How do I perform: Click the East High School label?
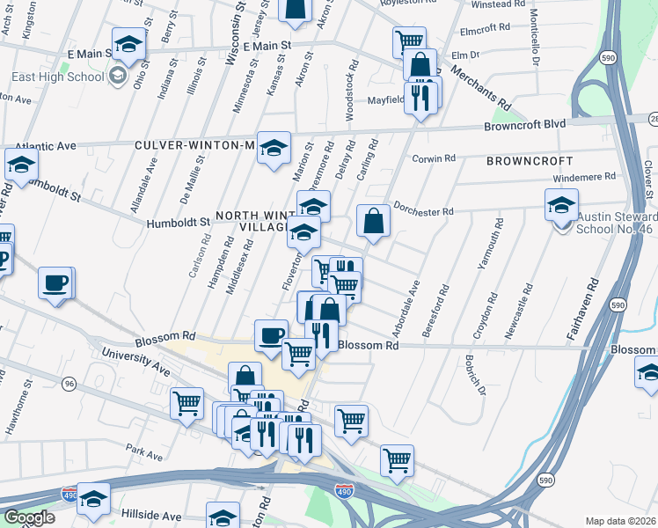pos(58,77)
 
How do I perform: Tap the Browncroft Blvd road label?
pos(524,125)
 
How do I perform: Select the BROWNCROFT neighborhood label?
pos(530,162)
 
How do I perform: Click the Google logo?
pos(29,517)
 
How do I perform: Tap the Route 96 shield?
pos(69,383)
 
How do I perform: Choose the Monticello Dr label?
pos(533,39)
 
